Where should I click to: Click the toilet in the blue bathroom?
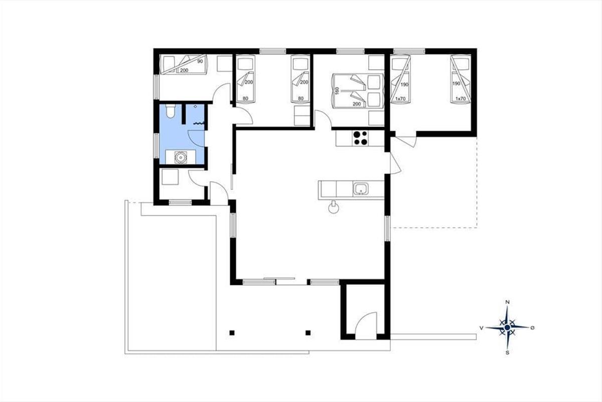(x=170, y=111)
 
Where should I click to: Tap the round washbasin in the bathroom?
(x=180, y=157)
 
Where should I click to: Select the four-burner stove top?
(x=360, y=138)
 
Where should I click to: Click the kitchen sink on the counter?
(x=361, y=188)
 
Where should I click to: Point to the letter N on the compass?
(x=507, y=302)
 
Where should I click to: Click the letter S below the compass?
(x=507, y=352)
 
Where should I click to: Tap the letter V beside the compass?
(x=482, y=328)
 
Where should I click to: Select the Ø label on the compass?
(x=532, y=328)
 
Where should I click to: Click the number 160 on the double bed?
(x=337, y=91)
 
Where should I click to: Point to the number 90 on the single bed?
(x=200, y=61)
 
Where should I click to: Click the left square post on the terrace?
(x=232, y=333)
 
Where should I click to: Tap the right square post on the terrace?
(x=308, y=333)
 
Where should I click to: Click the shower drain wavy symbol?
(x=199, y=123)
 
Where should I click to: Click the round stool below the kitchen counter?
(x=334, y=208)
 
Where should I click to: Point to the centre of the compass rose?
(x=507, y=328)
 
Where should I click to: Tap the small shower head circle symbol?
(x=195, y=107)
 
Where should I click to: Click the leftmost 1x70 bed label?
(x=400, y=99)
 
